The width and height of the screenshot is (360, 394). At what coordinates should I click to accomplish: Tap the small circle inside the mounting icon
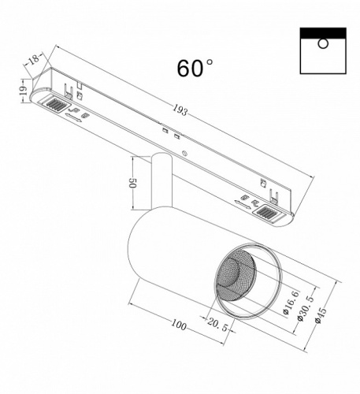(x=323, y=45)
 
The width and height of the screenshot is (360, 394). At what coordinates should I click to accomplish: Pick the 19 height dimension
(x=24, y=92)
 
